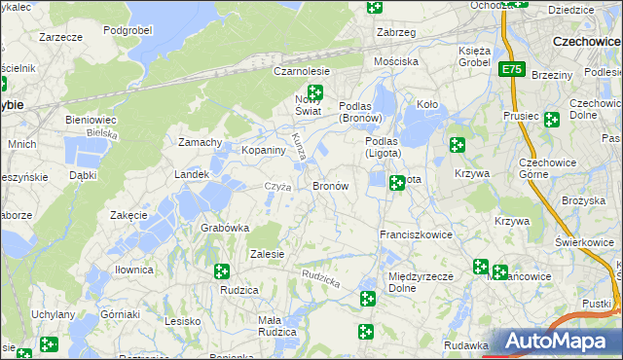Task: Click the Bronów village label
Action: point(330,185)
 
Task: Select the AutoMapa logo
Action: point(555,341)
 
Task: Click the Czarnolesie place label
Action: point(302,72)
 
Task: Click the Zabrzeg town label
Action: point(396,32)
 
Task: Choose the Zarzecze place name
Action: point(58,36)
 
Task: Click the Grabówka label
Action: point(225,228)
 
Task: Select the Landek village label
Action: point(192,174)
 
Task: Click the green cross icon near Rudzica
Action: point(221,271)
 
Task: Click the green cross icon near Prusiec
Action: point(552,120)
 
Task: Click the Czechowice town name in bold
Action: point(587,42)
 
